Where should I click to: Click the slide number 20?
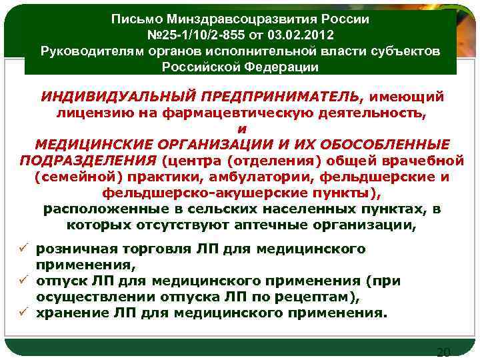pyautogui.click(x=443, y=352)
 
